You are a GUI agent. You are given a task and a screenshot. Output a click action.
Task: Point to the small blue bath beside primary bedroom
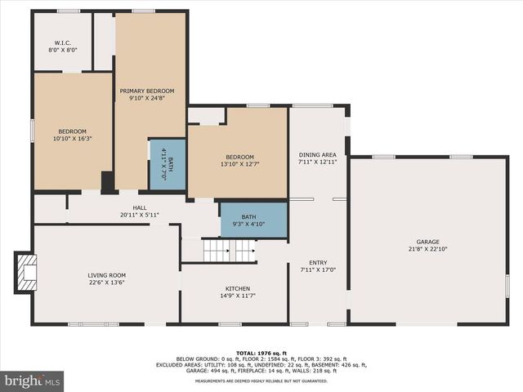click(x=167, y=165)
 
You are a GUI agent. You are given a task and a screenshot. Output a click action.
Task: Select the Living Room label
click(x=105, y=275)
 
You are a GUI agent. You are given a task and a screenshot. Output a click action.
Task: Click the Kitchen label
click(x=238, y=288)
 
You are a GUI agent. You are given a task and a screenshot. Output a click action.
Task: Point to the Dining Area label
click(x=317, y=154)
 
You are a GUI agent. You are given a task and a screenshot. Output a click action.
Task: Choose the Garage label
click(x=427, y=242)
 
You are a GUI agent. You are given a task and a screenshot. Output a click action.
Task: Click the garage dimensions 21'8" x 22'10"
click(x=427, y=249)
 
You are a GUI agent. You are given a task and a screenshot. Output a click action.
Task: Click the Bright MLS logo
click(x=33, y=381)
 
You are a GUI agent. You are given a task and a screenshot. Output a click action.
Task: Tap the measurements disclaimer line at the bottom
click(x=261, y=381)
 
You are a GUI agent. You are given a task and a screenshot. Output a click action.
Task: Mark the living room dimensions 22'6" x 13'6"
click(x=105, y=283)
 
